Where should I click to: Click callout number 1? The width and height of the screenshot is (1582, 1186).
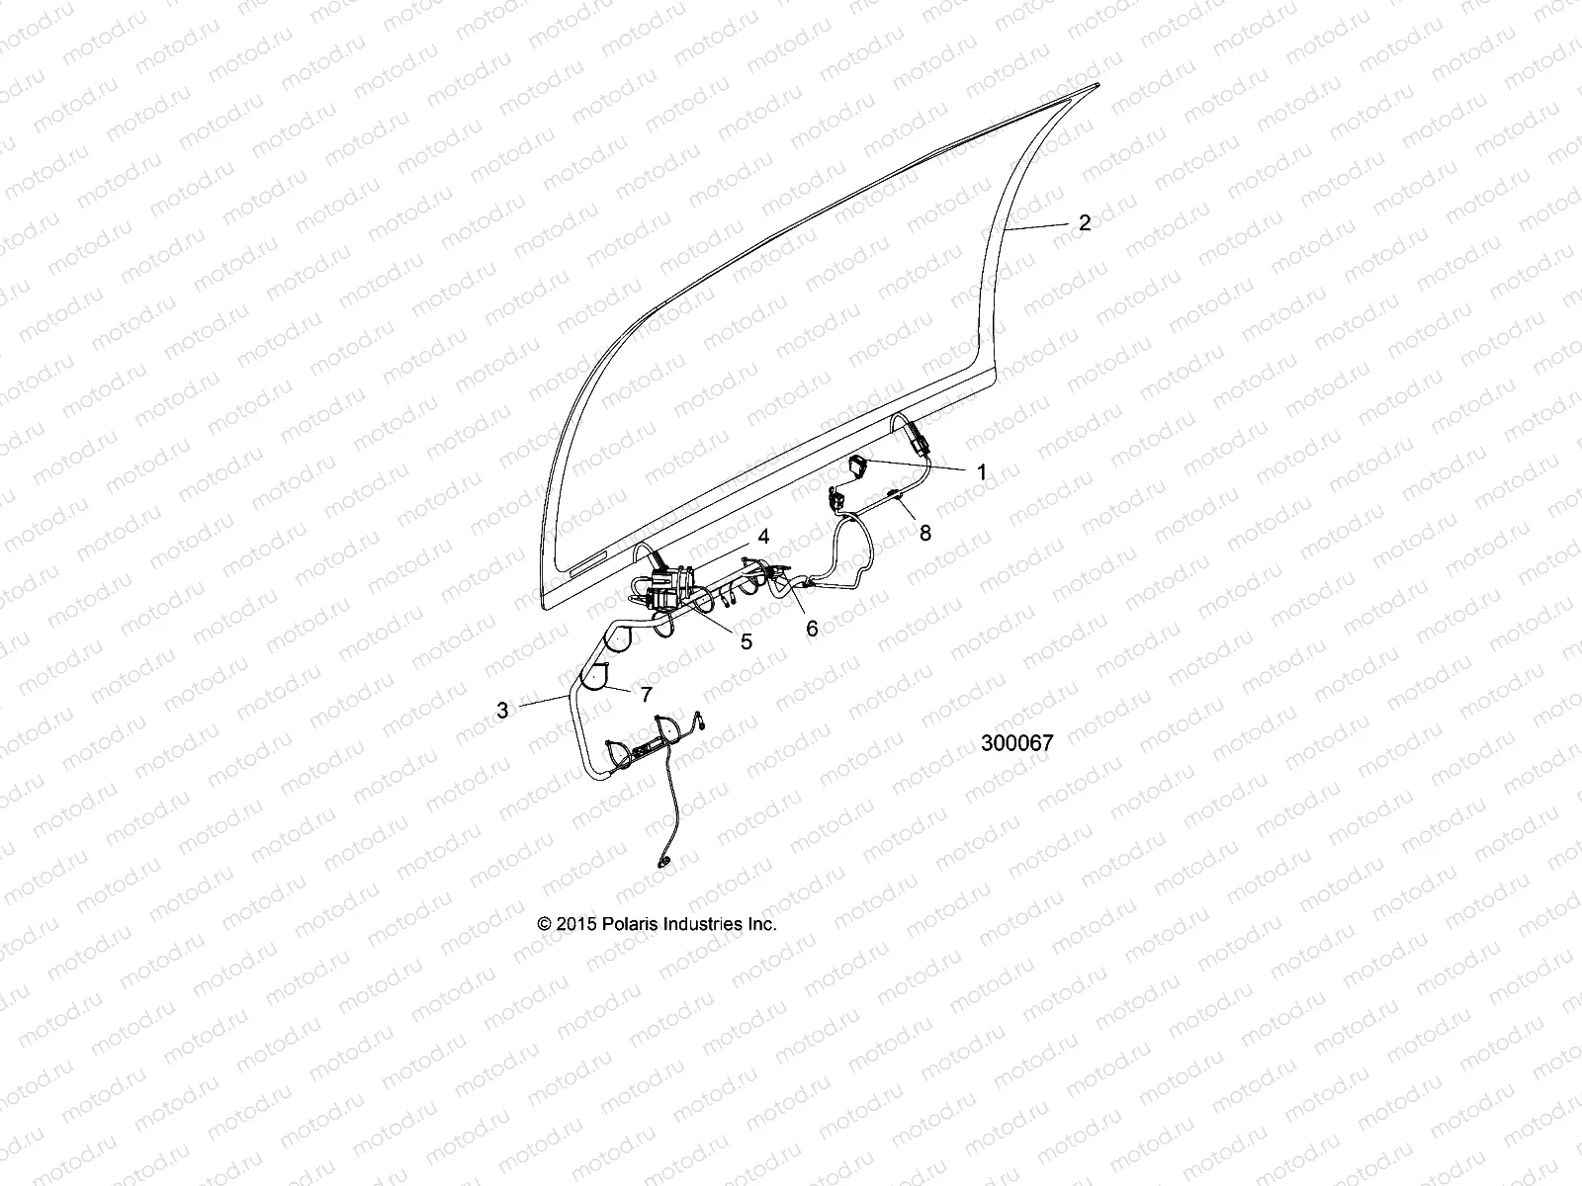click(981, 472)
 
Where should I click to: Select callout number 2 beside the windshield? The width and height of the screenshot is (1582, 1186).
click(1084, 222)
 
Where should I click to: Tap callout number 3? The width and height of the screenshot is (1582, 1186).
click(502, 710)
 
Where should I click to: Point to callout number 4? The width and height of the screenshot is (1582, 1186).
click(762, 537)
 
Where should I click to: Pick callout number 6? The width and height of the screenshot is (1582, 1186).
click(812, 629)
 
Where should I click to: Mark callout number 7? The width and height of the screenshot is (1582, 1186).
click(646, 694)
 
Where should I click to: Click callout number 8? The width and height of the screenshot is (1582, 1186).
click(924, 533)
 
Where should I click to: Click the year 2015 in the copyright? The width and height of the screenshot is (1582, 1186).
click(575, 924)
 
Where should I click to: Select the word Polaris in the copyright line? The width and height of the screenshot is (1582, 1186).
click(626, 924)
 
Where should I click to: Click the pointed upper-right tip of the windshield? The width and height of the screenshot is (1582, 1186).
click(1098, 86)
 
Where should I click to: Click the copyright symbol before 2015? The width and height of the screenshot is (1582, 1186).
click(544, 924)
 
